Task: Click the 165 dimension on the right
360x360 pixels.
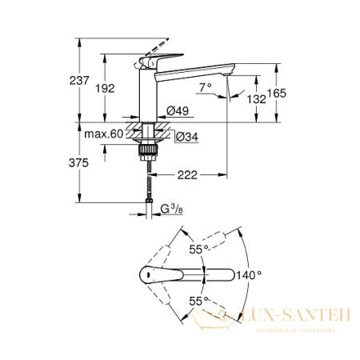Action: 276,94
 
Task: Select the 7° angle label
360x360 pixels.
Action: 205,87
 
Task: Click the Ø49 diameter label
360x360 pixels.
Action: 178,111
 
